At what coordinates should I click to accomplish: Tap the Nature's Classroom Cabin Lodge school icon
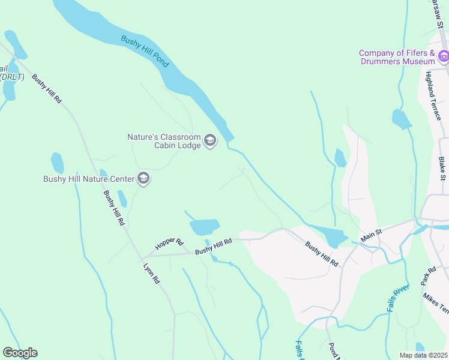coord(209,141)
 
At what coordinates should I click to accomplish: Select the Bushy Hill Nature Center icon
coord(143,178)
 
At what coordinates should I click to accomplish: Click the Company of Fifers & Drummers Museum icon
coord(444,57)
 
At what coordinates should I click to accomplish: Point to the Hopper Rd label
coord(169,242)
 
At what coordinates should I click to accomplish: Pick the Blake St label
coord(442,168)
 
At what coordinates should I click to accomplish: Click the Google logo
coord(20,353)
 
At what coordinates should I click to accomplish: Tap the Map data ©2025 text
coord(423,355)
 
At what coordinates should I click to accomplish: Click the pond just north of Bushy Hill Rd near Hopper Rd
coord(204,227)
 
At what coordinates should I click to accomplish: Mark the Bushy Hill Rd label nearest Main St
coord(322,254)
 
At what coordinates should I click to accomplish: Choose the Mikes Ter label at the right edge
coord(435,302)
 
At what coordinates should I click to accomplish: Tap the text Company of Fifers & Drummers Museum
coord(397,57)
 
